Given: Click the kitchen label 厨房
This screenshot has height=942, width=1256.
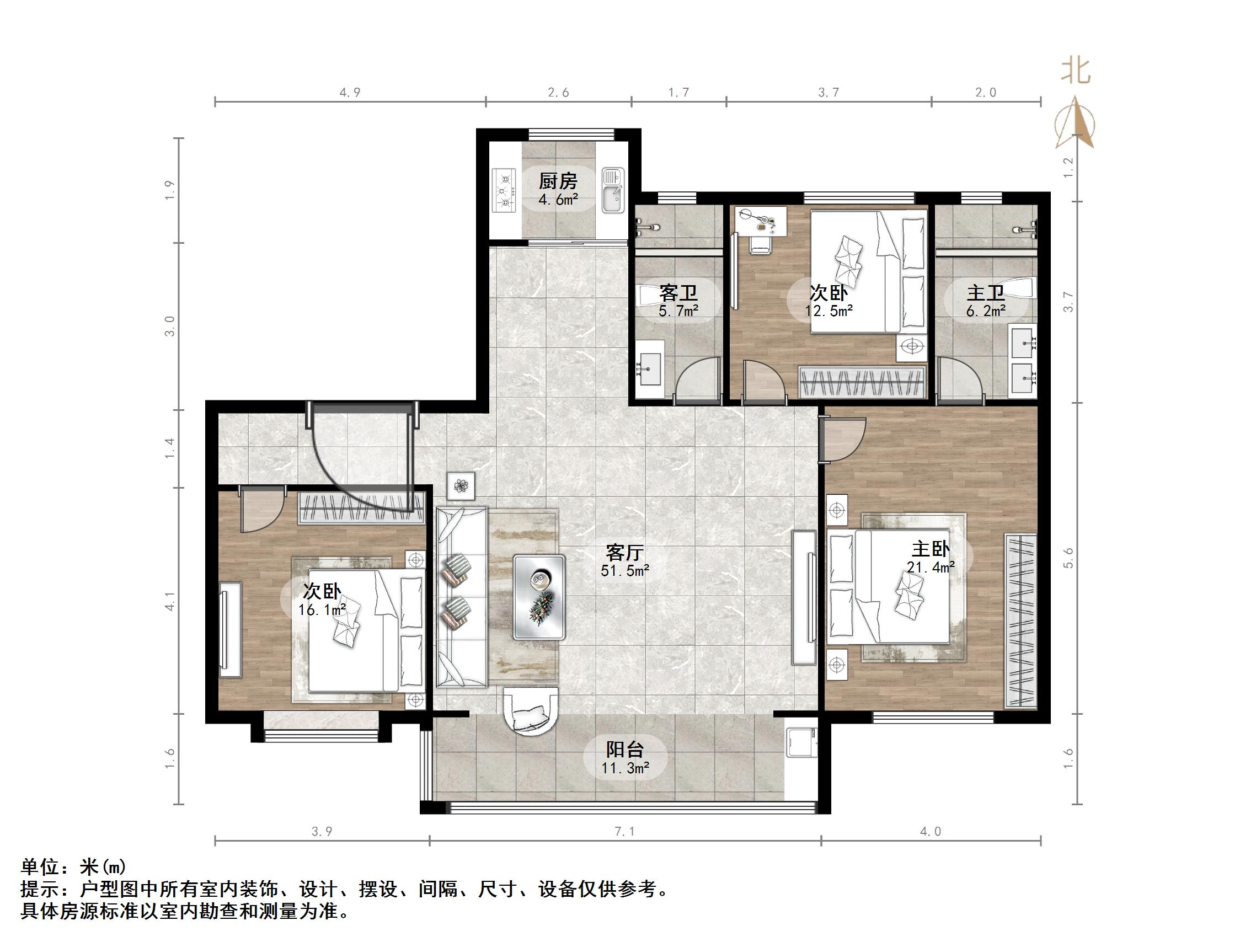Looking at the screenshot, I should [558, 181].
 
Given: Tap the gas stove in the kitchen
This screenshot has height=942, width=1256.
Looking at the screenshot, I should [505, 190].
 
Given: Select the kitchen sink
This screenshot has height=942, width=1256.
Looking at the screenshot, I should [612, 190].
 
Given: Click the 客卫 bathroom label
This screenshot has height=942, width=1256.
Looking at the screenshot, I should [678, 293].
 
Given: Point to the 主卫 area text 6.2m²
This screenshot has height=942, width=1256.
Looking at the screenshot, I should [986, 311].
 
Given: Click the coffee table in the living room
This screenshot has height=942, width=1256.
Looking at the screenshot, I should [539, 597].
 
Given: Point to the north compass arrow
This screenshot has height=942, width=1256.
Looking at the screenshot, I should [1075, 122].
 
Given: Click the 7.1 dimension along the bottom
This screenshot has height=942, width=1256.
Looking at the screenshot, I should [624, 831].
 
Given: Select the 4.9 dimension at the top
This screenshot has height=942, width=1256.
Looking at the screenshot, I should [350, 93].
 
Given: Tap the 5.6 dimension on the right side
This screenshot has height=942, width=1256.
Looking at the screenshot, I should [1069, 557].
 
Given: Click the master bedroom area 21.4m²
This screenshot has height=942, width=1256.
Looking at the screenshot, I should [931, 566].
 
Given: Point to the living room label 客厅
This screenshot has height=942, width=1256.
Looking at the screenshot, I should [624, 552].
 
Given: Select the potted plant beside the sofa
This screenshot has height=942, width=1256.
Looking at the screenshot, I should [461, 486].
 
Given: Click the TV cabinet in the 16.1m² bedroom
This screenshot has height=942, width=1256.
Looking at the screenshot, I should [231, 629].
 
